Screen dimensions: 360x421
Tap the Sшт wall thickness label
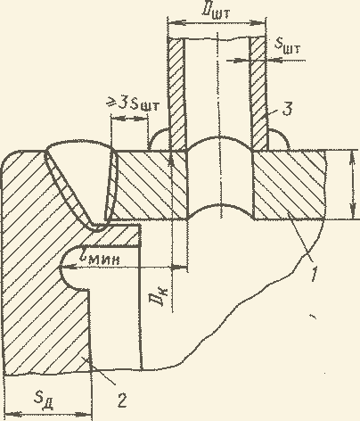click(287, 45)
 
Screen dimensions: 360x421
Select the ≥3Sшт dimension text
click(134, 104)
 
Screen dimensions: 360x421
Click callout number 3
click(287, 109)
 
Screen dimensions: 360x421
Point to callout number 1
click(314, 274)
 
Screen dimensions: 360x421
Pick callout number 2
click(122, 400)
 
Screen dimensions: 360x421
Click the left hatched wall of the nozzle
click(177, 94)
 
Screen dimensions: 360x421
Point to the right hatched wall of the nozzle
click(258, 94)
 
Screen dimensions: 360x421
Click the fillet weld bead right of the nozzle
click(278, 140)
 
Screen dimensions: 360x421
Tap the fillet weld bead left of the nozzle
click(159, 139)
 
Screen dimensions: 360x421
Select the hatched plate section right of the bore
click(289, 185)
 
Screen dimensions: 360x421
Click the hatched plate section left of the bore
click(150, 185)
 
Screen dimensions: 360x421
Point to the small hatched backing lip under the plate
click(119, 235)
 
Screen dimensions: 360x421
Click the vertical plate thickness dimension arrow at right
click(353, 185)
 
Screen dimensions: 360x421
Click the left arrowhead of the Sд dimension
click(12, 414)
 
